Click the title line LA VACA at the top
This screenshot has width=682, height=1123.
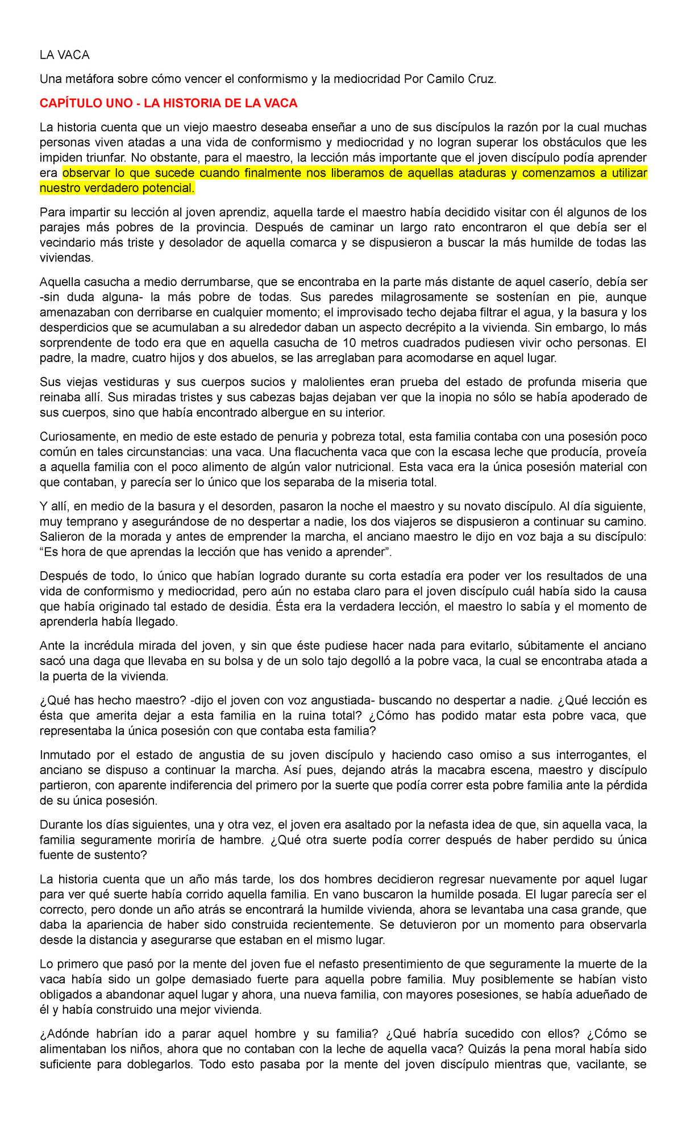[x=64, y=55]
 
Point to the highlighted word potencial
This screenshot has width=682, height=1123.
[x=169, y=188]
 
